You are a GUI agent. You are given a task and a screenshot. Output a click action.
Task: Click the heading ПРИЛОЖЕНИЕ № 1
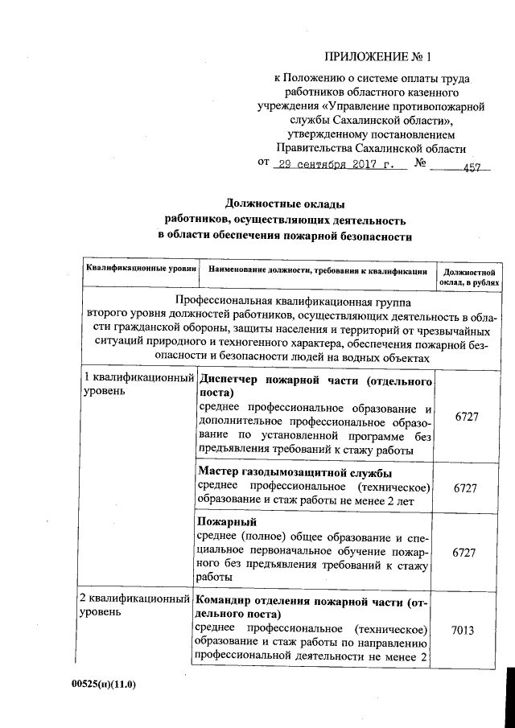point(377,57)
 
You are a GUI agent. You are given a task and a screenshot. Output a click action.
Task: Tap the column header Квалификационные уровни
point(138,271)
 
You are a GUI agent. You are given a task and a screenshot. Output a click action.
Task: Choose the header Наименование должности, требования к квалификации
point(317,271)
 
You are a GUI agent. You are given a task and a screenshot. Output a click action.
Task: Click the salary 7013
point(466,631)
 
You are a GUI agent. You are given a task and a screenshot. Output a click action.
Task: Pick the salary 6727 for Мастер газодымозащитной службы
point(466,487)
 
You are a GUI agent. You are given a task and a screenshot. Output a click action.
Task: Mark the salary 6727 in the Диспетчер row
point(466,416)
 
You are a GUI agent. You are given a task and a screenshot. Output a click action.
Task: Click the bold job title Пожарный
point(220,524)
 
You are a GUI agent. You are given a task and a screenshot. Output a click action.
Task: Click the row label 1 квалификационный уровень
point(137,385)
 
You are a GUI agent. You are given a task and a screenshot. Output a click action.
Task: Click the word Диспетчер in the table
point(229,379)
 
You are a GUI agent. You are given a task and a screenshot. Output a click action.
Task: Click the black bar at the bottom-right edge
point(509,696)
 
